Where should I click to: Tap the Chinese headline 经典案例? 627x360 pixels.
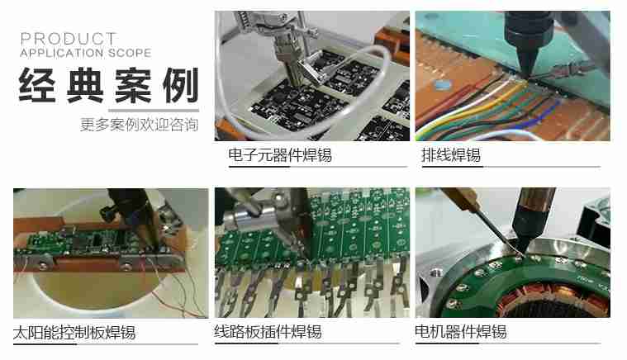[108, 85]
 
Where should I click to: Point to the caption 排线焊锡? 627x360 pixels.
[450, 154]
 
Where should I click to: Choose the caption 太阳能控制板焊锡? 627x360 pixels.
[74, 333]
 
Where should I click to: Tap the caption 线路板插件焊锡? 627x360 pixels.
[268, 333]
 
